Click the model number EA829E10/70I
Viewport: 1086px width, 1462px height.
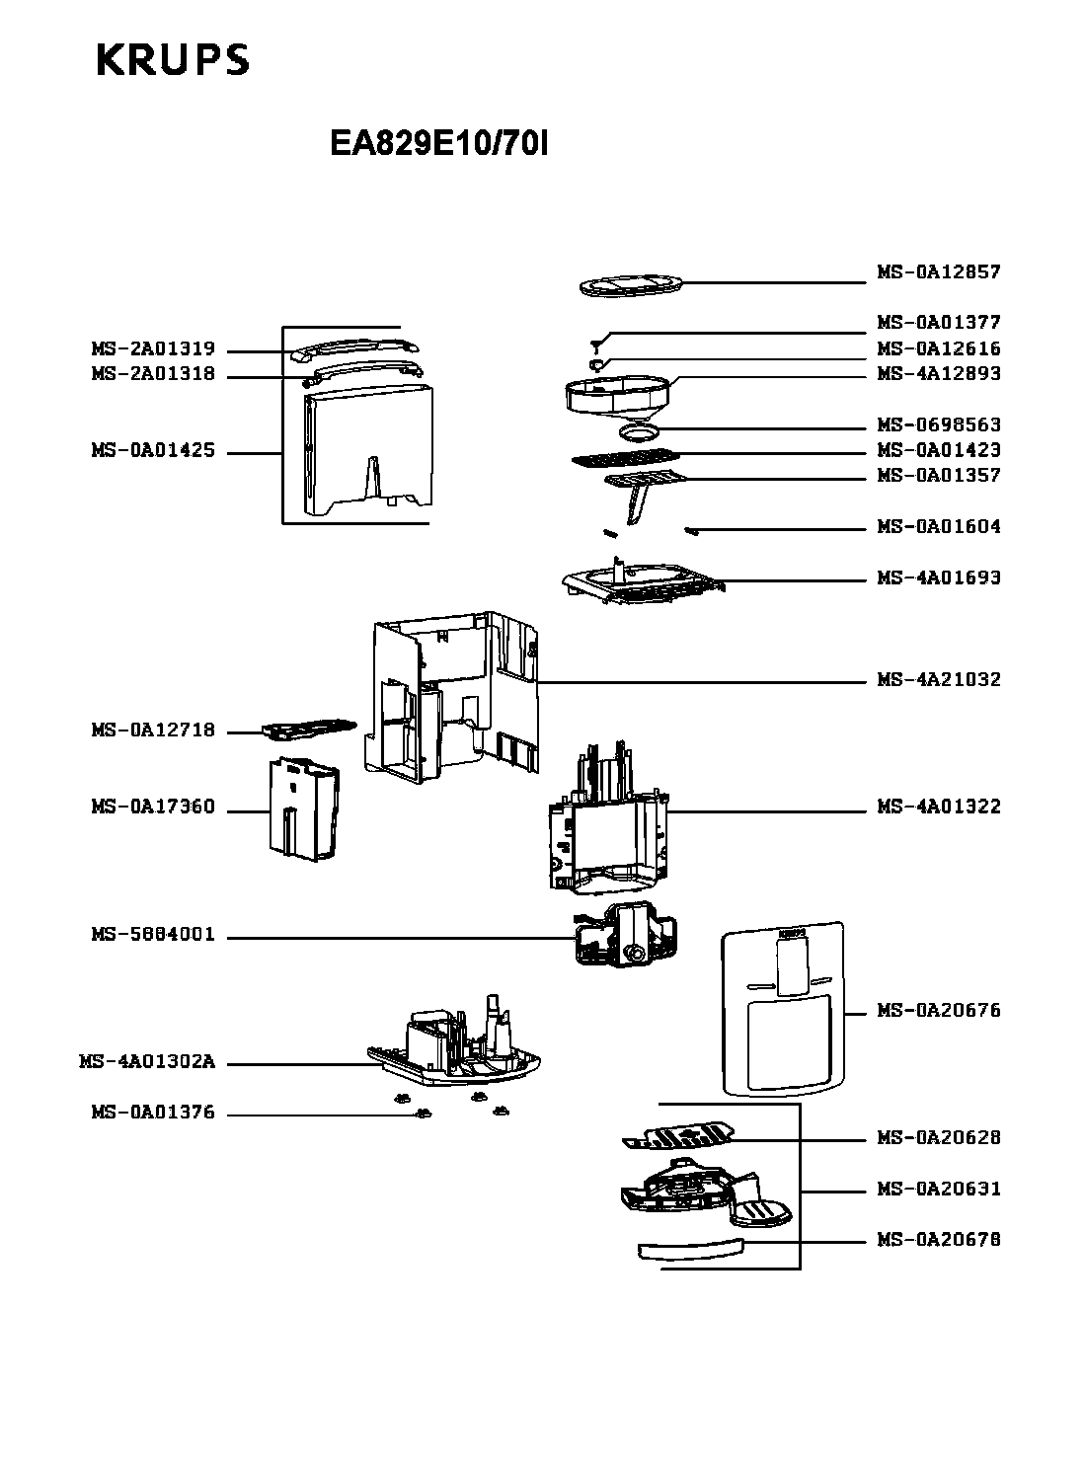tap(438, 145)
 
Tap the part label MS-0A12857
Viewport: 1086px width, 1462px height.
tap(939, 271)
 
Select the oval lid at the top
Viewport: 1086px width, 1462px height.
tap(629, 286)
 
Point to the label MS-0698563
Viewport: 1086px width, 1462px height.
tap(939, 424)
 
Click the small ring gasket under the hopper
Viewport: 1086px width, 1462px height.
tap(639, 431)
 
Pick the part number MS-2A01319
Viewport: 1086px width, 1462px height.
tap(153, 349)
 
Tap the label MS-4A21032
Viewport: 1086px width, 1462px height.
tap(939, 679)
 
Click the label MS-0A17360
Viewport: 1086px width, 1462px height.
tap(153, 807)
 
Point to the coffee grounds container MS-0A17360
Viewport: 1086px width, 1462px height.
tap(304, 807)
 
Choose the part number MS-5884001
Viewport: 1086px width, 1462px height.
tap(153, 935)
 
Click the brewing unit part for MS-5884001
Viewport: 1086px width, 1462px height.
tap(625, 935)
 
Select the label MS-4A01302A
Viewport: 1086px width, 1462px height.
tap(147, 1062)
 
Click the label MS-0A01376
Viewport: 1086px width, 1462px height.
tap(153, 1113)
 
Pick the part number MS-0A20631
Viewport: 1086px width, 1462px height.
tap(939, 1189)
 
